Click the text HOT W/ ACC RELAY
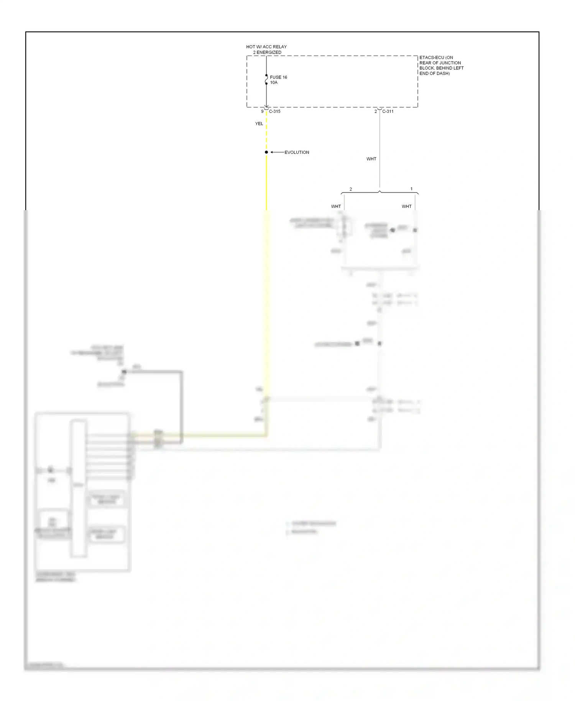click(266, 47)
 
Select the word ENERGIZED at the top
click(269, 52)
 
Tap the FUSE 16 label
click(278, 77)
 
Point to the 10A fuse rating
click(274, 82)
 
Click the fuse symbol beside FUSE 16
click(266, 79)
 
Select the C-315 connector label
click(274, 112)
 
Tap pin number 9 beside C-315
click(262, 112)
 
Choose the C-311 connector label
click(388, 112)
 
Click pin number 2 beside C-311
click(376, 112)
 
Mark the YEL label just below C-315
click(259, 124)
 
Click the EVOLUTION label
click(297, 152)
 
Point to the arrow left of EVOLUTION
click(277, 152)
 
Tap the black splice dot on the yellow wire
click(266, 152)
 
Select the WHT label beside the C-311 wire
click(371, 159)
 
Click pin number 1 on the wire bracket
click(411, 189)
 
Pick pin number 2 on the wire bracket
click(350, 189)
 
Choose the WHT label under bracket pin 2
click(336, 206)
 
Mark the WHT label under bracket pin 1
click(406, 206)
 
